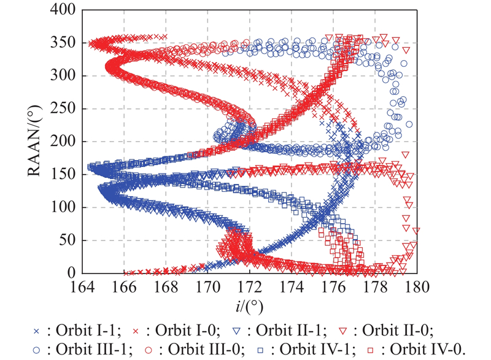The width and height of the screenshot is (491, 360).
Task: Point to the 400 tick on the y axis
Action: pos(64,10)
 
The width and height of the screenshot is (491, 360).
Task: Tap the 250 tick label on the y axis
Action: pos(64,109)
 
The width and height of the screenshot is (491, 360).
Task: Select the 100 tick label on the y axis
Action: pos(64,207)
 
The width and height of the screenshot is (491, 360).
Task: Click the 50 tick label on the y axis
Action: pos(67,240)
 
